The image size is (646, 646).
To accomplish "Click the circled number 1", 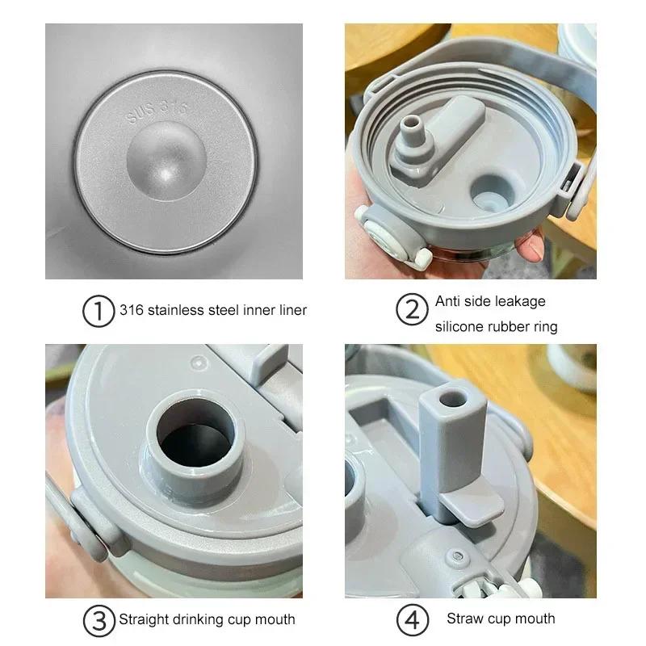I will (99, 310).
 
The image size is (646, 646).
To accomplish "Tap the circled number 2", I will (412, 310).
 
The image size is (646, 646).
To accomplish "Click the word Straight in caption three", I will (145, 620).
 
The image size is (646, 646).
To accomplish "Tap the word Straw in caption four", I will (464, 619).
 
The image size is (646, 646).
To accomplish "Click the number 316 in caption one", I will (131, 309).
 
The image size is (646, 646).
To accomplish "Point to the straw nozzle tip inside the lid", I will (411, 124).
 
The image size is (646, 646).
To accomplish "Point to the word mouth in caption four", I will (535, 619).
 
